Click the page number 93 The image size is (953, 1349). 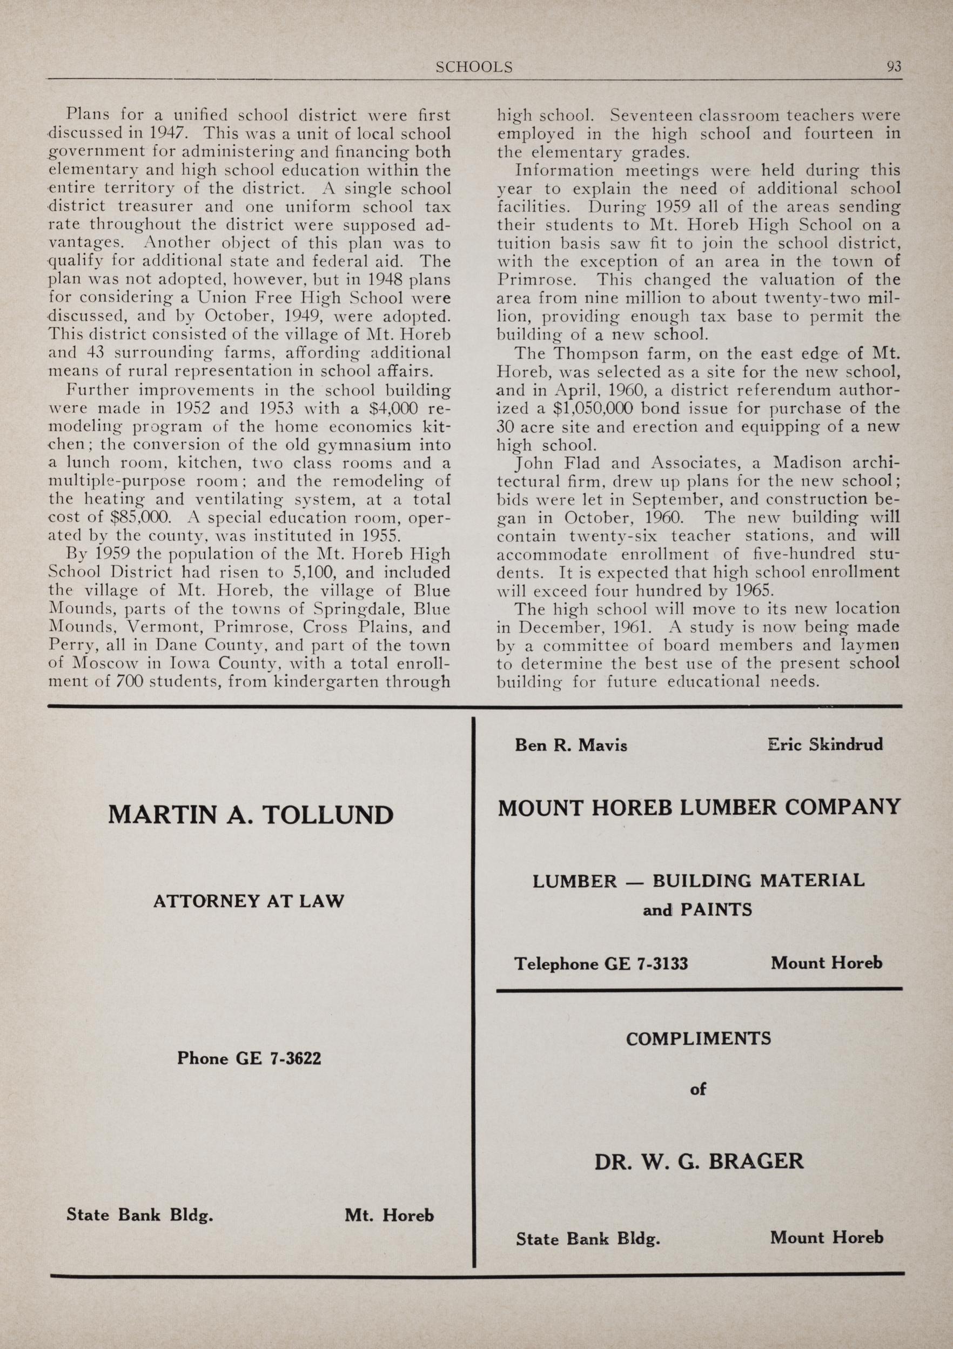tap(894, 67)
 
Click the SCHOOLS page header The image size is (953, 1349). tap(474, 68)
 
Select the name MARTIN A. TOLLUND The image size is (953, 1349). tap(251, 816)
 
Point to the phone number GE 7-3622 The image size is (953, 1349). tap(278, 1058)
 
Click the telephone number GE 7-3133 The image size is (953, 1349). tap(646, 964)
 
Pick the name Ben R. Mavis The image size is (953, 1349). tap(571, 745)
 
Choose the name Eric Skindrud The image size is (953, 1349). tap(824, 744)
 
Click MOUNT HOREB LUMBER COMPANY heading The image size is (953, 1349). tap(699, 807)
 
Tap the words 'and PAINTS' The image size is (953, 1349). tap(697, 910)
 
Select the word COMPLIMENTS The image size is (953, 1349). tap(698, 1039)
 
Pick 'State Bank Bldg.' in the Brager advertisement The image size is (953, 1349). tap(588, 1239)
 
